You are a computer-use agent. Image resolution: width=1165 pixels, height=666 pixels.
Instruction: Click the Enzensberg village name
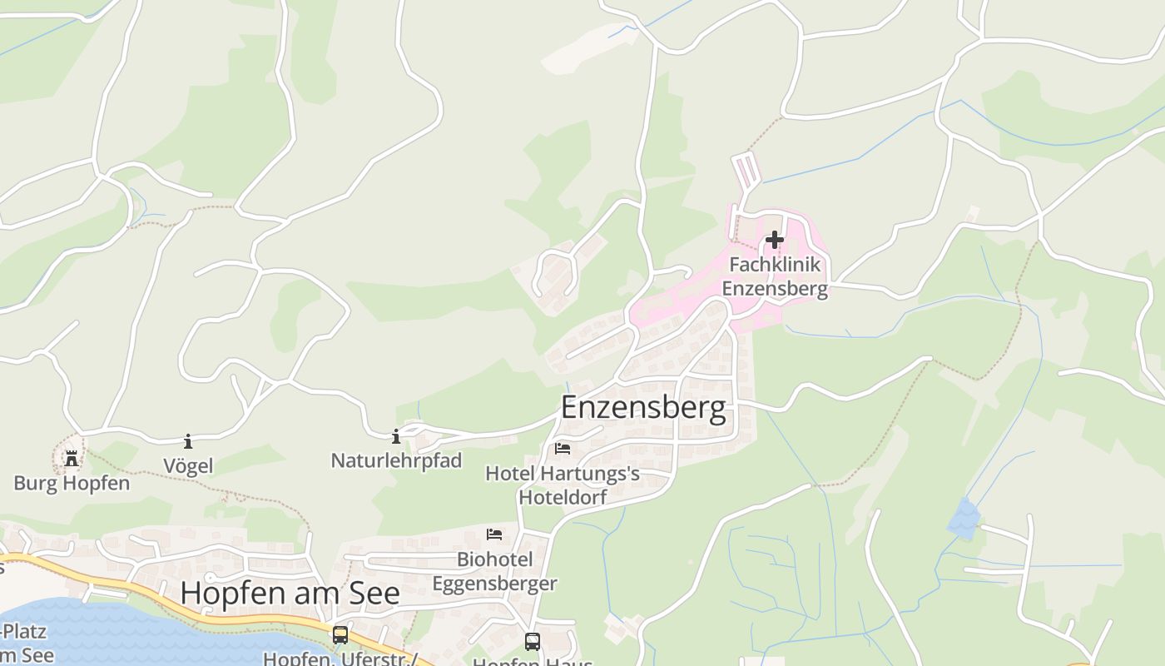[x=642, y=408]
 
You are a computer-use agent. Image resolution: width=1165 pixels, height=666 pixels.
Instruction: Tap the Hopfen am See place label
[x=290, y=593]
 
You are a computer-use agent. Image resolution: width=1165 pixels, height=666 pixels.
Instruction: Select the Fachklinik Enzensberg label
[x=775, y=276]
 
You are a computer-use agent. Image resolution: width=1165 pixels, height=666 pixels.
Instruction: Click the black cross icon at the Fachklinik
[x=775, y=240]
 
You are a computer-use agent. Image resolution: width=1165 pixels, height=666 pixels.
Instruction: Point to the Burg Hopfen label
[x=72, y=483]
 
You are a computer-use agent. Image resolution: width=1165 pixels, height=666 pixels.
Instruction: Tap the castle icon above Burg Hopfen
[x=72, y=458]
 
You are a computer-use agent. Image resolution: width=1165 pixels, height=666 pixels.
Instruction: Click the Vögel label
[x=188, y=466]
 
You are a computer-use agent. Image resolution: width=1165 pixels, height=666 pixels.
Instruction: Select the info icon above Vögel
[x=188, y=441]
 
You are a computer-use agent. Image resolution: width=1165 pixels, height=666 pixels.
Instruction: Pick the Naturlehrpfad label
[x=396, y=460]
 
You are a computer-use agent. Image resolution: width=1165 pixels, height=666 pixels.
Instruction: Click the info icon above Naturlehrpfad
[x=396, y=435]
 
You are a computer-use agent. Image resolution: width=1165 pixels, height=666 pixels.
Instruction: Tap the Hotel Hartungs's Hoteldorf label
[x=563, y=485]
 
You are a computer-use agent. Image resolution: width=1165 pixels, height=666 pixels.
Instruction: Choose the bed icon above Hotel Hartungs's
[x=563, y=449]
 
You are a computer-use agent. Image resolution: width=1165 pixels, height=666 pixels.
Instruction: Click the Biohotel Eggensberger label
[x=494, y=571]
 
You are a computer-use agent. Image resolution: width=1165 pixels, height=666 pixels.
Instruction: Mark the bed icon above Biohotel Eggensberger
[x=494, y=534]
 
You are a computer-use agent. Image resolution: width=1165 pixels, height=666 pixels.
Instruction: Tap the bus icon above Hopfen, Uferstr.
[x=340, y=634]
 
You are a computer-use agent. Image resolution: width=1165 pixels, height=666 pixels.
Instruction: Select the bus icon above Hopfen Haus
[x=532, y=642]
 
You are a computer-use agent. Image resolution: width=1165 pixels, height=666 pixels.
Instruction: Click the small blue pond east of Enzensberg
[x=964, y=518]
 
